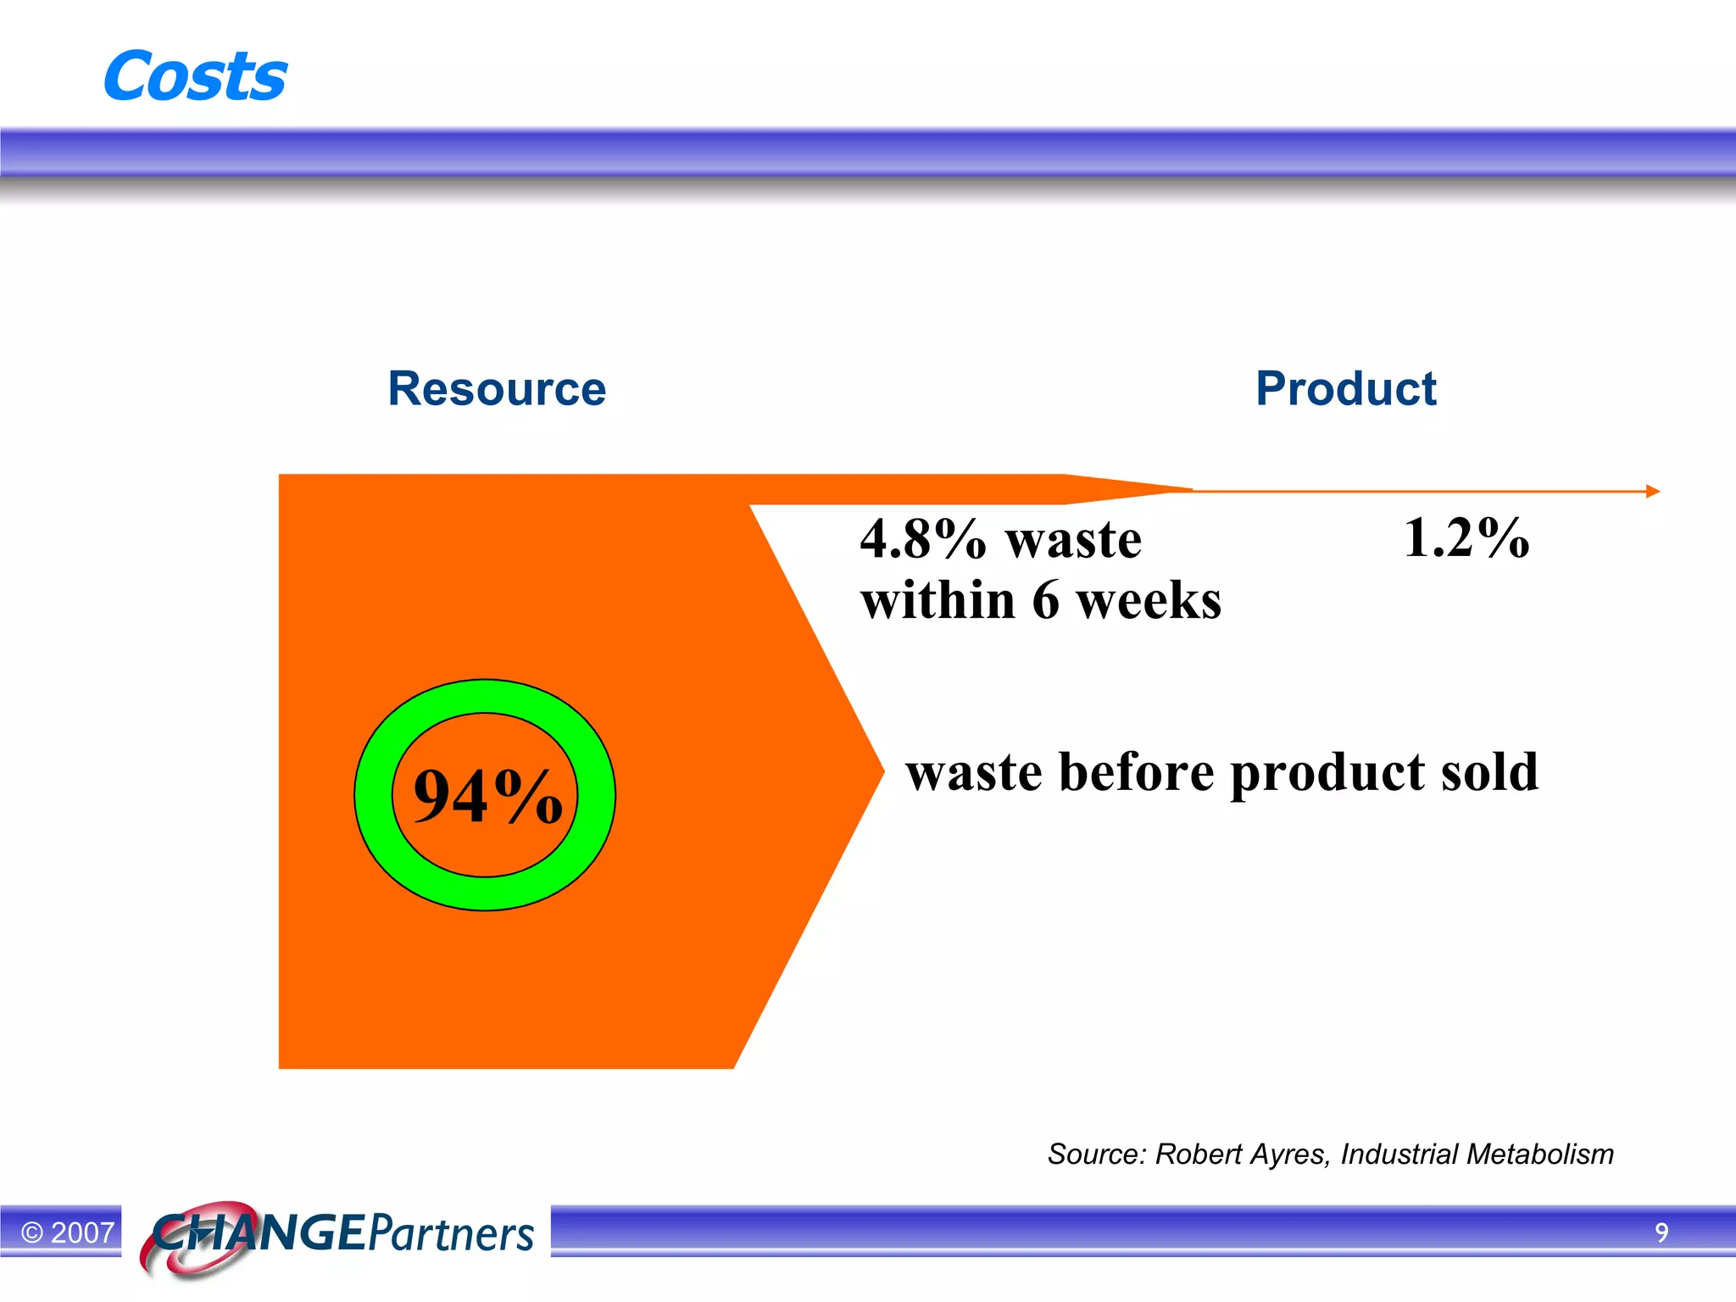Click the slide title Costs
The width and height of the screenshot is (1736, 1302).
(195, 76)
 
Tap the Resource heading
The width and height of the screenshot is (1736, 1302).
(497, 389)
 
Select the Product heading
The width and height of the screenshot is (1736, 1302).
(1345, 389)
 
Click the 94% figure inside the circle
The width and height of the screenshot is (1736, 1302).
(487, 796)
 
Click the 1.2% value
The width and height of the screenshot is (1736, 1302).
(1466, 538)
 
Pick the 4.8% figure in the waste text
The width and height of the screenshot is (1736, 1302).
(922, 540)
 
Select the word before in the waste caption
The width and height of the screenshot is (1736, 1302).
(1136, 772)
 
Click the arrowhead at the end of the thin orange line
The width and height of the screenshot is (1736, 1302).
(1652, 491)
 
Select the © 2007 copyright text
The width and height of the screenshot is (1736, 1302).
(68, 1232)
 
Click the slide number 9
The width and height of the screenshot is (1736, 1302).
(1661, 1232)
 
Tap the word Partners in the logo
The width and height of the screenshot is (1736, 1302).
(452, 1233)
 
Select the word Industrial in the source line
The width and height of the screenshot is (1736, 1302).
(1399, 1155)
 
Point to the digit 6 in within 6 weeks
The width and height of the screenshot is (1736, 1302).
(1045, 601)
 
